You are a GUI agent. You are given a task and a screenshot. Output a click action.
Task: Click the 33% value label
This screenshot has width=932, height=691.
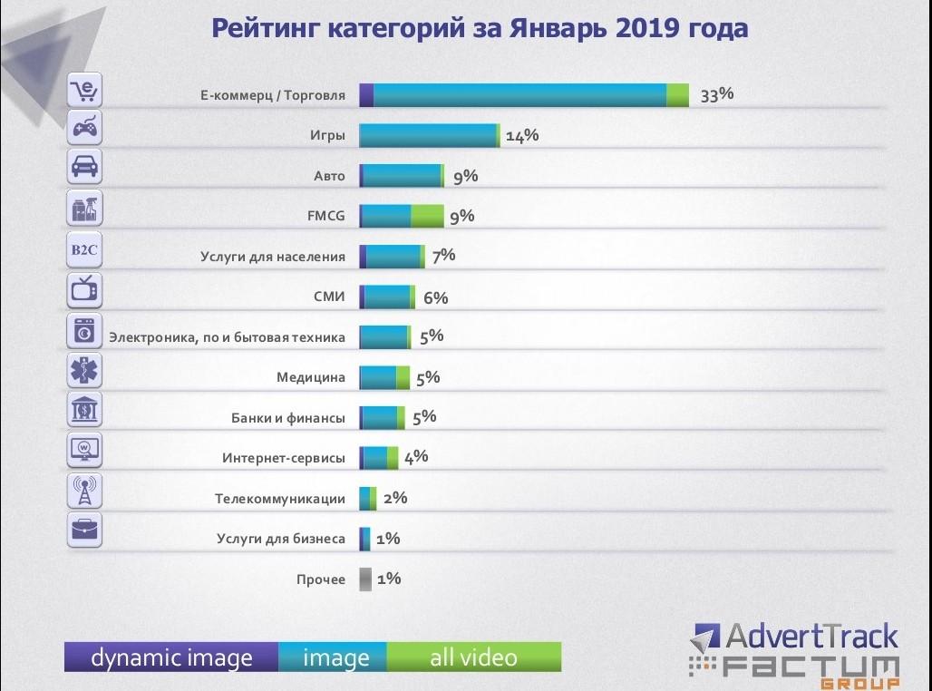716,94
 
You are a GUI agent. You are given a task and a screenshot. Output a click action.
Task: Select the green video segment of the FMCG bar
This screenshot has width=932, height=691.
427,216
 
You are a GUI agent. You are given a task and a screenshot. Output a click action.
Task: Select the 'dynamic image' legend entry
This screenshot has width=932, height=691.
171,657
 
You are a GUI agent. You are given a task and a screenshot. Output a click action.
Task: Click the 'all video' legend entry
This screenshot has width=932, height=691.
473,657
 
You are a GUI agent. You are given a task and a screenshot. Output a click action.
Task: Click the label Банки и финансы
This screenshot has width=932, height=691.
288,418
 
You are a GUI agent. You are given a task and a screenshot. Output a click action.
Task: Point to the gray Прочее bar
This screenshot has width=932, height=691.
364,579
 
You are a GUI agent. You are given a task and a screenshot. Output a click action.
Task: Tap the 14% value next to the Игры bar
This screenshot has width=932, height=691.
522,136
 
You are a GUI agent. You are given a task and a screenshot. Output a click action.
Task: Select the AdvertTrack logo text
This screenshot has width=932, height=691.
795,636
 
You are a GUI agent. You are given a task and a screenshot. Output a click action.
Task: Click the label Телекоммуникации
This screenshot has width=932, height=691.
280,499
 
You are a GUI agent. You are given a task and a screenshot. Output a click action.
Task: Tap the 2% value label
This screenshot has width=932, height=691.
395,498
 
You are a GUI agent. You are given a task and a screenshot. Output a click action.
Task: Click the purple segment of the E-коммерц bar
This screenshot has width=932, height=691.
366,95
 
